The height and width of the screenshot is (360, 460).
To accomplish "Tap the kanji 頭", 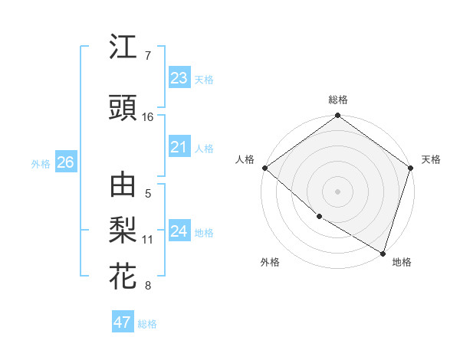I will [x=123, y=109].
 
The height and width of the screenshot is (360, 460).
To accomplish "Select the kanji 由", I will [x=123, y=186].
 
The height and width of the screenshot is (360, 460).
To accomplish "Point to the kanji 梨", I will [x=123, y=231].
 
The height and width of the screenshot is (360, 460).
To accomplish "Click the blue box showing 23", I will [x=179, y=77].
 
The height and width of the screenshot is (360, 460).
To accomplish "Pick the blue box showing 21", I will [x=179, y=147].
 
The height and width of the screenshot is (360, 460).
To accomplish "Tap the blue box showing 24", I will [x=179, y=231].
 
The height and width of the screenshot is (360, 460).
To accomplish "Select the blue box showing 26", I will [x=65, y=162].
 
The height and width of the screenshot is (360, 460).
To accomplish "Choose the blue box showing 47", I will [x=122, y=322].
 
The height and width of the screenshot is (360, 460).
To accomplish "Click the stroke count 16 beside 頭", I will [x=148, y=117].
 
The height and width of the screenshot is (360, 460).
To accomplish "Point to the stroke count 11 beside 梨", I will [x=148, y=240].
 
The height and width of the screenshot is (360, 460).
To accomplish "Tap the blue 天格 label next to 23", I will [x=204, y=79].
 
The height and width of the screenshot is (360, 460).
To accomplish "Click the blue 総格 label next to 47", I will [x=147, y=324].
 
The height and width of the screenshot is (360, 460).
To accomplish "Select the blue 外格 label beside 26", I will [x=40, y=164].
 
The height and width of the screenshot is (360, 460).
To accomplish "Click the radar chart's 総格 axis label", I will [x=338, y=100].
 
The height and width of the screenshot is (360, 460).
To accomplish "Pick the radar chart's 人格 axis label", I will [x=245, y=159].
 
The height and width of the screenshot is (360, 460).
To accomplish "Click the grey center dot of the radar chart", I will [x=338, y=191].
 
